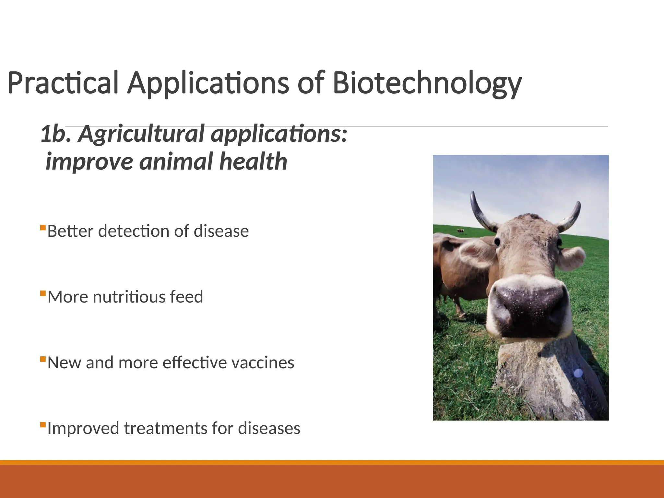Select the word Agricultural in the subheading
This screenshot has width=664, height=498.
click(142, 134)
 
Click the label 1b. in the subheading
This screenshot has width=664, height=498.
click(55, 134)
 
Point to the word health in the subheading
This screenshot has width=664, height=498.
click(253, 161)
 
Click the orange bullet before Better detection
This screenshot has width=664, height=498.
click(43, 228)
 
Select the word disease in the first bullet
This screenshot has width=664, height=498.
click(221, 231)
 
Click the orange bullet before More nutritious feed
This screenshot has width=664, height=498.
click(43, 293)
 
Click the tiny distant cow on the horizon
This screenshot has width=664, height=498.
click(460, 231)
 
